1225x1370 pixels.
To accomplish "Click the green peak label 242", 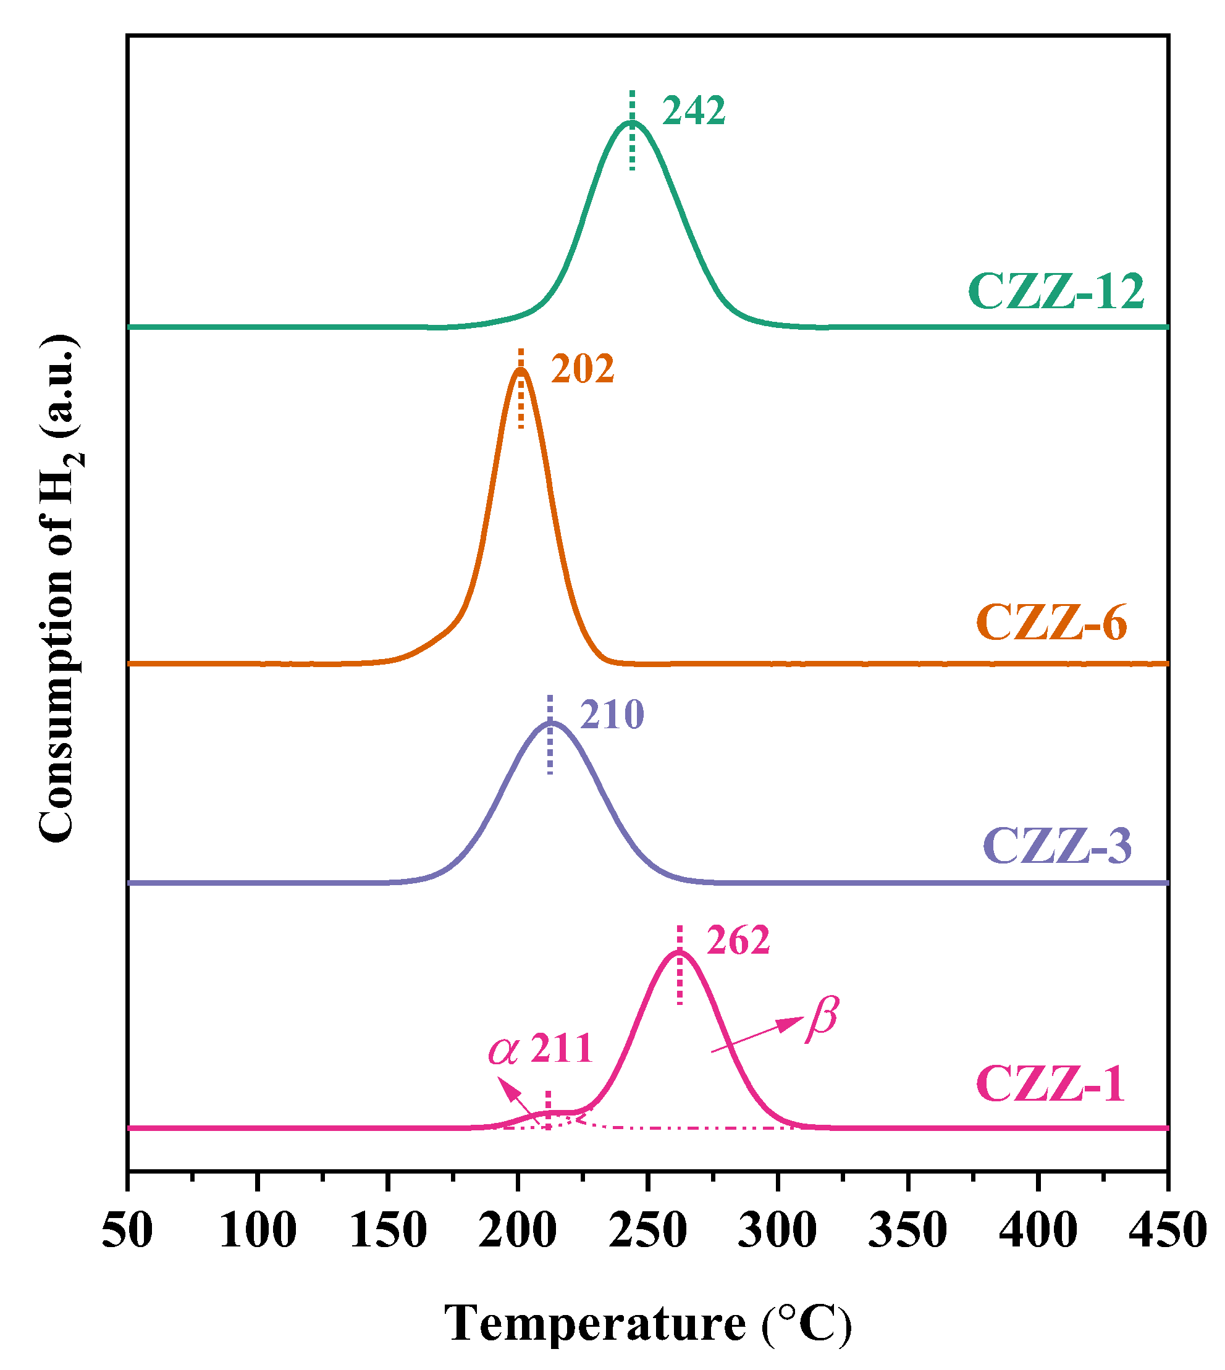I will tap(694, 111).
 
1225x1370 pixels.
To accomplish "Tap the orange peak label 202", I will tap(583, 369).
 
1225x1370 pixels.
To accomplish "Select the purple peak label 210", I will tap(613, 715).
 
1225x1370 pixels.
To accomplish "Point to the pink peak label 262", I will tap(738, 941).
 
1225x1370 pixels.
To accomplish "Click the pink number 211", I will tap(562, 1048).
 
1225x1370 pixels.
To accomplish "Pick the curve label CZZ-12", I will tap(1056, 292).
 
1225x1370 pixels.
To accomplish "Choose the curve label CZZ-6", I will tap(1051, 623).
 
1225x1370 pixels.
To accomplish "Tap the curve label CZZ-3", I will tap(1058, 845).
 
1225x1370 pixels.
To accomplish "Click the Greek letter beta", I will tap(822, 1019).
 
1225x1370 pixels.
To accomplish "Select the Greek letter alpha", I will tap(503, 1051).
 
